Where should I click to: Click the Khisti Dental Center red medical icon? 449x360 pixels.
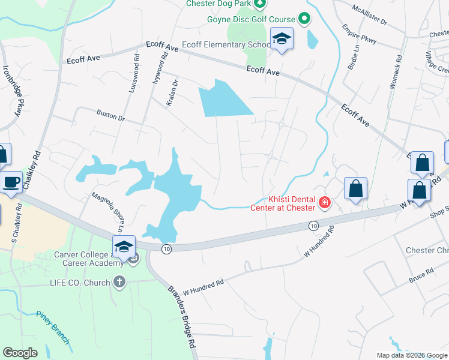pyautogui.click(x=325, y=203)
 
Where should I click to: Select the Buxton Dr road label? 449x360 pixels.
pyautogui.click(x=110, y=115)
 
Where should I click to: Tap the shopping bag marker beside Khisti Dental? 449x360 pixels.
pyautogui.click(x=355, y=188)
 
